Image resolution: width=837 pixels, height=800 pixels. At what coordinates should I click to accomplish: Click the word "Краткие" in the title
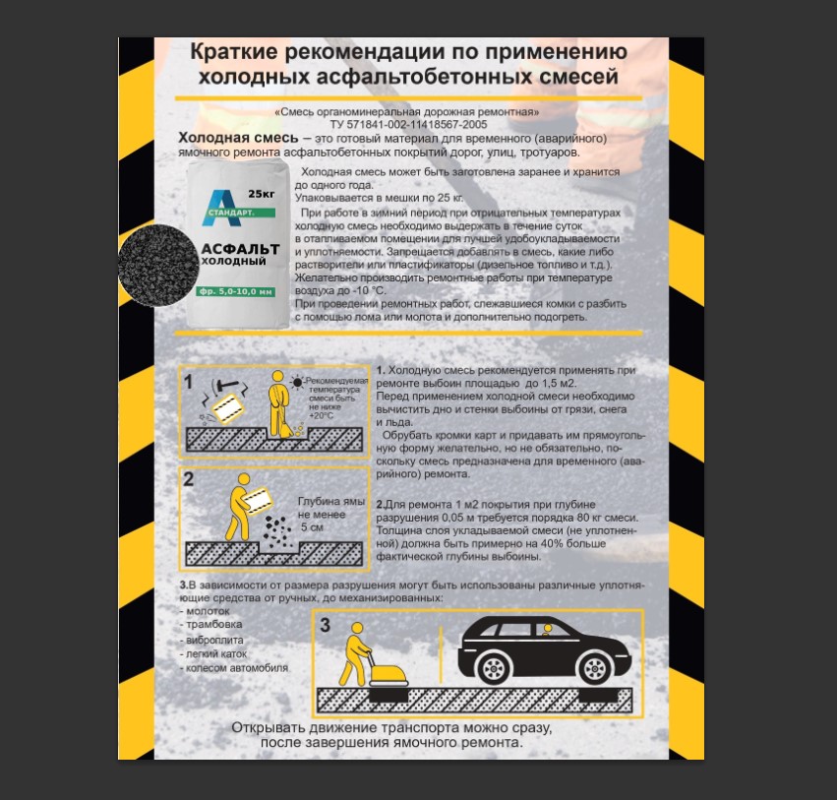tap(234, 52)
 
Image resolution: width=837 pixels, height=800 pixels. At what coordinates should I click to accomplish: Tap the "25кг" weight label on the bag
tap(262, 193)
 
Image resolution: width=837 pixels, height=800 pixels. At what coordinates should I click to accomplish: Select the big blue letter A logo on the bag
tap(222, 208)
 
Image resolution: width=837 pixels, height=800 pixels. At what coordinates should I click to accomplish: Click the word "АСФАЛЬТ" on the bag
tap(240, 249)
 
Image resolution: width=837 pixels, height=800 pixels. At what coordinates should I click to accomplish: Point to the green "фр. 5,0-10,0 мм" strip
tap(235, 291)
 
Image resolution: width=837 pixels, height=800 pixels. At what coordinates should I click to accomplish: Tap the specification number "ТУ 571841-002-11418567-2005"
tap(408, 124)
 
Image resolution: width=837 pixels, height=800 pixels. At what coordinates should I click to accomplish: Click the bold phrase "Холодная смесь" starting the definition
tap(238, 138)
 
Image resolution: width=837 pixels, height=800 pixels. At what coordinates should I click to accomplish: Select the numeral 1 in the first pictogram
tap(188, 382)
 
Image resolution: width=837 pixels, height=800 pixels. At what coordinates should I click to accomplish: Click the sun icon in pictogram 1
tap(297, 383)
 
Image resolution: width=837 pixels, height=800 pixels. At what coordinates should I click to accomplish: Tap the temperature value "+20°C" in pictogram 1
tap(321, 415)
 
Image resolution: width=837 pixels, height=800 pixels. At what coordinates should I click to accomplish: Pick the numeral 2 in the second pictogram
tap(189, 479)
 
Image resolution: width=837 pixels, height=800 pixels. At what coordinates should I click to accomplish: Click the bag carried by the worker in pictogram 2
tap(258, 501)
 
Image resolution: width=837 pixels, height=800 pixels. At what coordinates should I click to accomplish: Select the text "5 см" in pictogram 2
tap(312, 527)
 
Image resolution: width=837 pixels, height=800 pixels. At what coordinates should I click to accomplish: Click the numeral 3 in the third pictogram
tap(326, 625)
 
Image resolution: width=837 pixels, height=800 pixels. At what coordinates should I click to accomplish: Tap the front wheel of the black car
tap(594, 667)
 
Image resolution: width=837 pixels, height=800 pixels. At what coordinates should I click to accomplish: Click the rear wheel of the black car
tap(493, 667)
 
